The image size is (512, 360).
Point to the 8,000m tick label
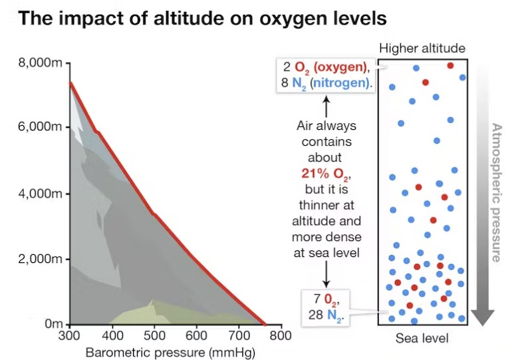pos(40,64)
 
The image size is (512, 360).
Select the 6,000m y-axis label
pos(40,128)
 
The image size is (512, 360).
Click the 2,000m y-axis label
pos(40,259)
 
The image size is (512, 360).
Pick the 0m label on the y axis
pos(53,324)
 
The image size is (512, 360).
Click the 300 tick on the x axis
pos(69,335)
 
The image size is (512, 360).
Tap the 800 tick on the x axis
pos(281,335)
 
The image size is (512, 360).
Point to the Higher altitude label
pos(422,49)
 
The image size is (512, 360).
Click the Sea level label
pos(422,339)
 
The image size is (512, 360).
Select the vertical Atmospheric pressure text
pos(495,193)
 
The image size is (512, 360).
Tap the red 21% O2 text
pos(325,174)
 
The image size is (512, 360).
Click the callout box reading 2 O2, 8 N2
pos(325,75)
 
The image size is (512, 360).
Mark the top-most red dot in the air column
pos(450,65)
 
